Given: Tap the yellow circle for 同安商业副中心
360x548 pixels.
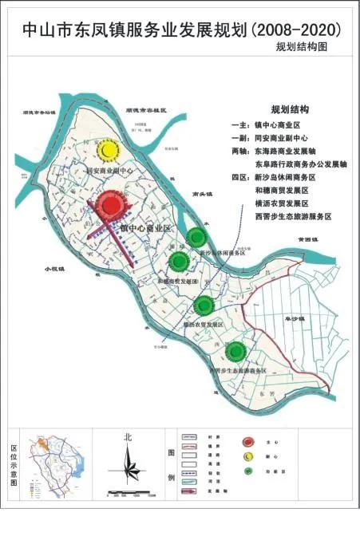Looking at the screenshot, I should pyautogui.click(x=107, y=149).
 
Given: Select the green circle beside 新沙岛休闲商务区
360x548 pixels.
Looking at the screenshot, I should pyautogui.click(x=196, y=236).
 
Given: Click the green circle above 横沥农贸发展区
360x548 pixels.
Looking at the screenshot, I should pyautogui.click(x=204, y=305).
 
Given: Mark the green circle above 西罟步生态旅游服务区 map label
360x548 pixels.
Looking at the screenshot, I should pyautogui.click(x=235, y=350).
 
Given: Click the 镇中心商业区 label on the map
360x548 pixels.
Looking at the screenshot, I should pyautogui.click(x=146, y=229).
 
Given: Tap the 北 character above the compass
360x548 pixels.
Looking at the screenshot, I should pyautogui.click(x=128, y=437).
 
